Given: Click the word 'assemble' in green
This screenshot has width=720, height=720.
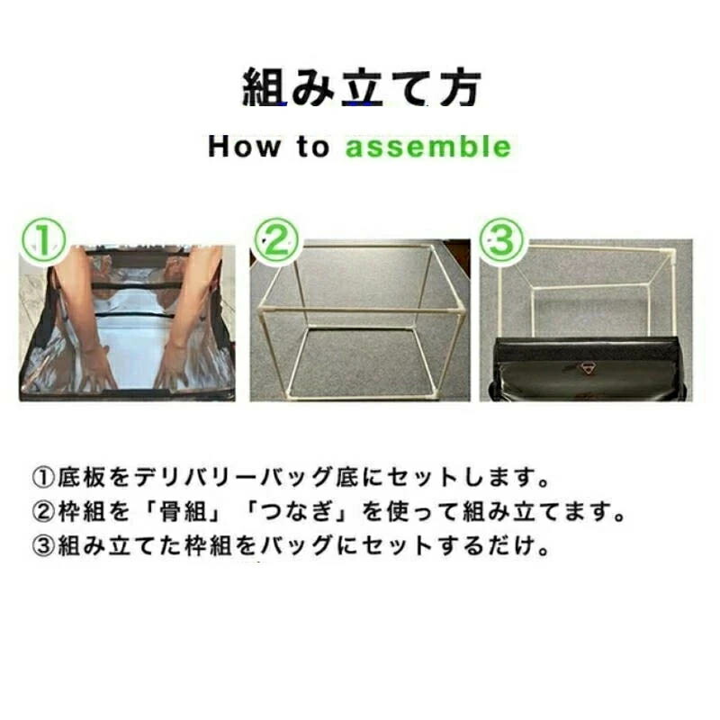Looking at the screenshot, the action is (428, 147).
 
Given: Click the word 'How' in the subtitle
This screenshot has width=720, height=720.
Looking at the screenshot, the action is (244, 147).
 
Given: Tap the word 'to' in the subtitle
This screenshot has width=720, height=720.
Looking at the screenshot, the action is (313, 147).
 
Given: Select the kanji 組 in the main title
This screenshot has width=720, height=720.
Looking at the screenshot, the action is (264, 86).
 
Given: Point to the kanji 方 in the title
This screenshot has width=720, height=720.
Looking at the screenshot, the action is (460, 87).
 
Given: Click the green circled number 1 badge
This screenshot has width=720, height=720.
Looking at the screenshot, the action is (43, 240).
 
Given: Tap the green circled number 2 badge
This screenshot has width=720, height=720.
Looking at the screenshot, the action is (276, 240).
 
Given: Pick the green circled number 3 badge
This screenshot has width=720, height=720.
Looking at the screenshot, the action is (501, 240).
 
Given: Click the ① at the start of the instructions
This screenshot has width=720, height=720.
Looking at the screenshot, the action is (43, 478).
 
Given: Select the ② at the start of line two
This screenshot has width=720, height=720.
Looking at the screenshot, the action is (43, 511).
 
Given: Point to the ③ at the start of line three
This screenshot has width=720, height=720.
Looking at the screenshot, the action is (43, 545).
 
